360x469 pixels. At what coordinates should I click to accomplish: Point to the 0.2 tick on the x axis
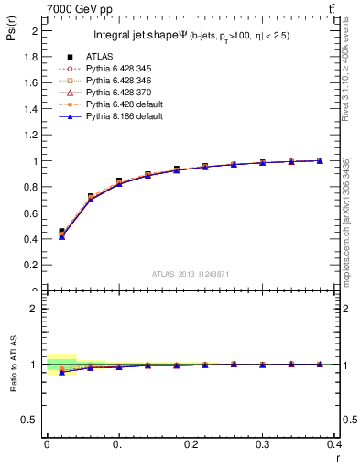click(191, 444)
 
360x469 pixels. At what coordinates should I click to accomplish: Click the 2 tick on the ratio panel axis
click(37, 309)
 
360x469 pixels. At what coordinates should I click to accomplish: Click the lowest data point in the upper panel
click(61, 236)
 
